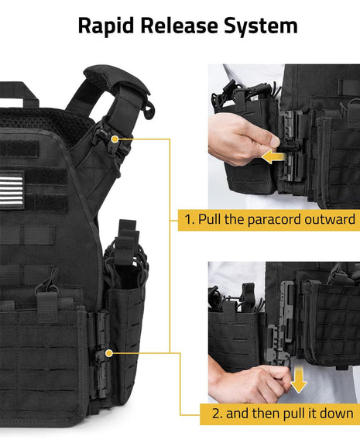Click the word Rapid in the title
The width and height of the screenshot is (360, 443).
(106, 26)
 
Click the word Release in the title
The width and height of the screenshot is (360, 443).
(180, 26)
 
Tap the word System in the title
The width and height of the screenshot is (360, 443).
(261, 26)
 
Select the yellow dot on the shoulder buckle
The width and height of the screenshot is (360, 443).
(115, 139)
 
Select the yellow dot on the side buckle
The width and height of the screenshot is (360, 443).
(109, 353)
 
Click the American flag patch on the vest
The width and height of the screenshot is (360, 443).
(12, 191)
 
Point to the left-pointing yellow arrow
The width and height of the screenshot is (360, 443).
(274, 156)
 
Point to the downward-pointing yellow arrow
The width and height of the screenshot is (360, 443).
(298, 379)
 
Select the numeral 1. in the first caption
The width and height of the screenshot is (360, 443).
(190, 219)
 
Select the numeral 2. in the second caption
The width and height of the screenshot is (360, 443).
(217, 414)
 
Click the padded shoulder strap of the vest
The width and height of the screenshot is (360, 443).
(117, 82)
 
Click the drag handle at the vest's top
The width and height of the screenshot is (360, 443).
(18, 93)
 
